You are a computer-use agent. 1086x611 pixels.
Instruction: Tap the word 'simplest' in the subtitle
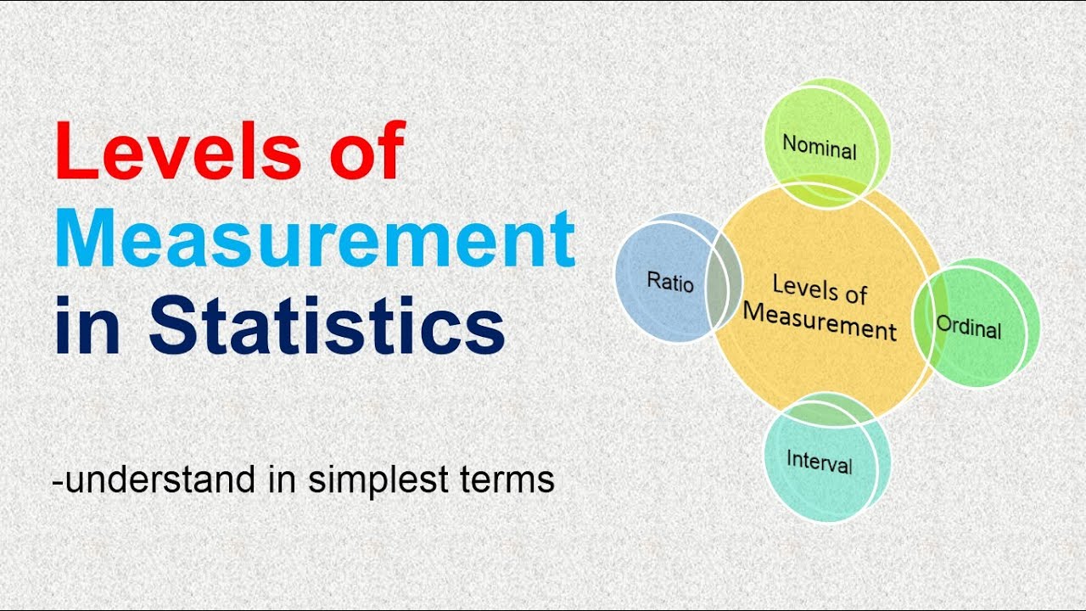(x=384, y=480)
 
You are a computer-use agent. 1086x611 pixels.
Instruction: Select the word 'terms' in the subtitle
(x=513, y=480)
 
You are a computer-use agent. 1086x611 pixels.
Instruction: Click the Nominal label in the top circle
(x=820, y=148)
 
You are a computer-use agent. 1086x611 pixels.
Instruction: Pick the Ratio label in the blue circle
(x=670, y=281)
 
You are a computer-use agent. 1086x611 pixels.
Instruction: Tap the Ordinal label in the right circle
(x=969, y=327)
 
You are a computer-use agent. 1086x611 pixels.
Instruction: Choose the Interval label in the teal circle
(x=820, y=462)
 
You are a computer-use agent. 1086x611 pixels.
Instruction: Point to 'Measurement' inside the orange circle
(x=820, y=321)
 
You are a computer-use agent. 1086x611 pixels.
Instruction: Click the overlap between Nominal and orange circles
(x=827, y=192)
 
